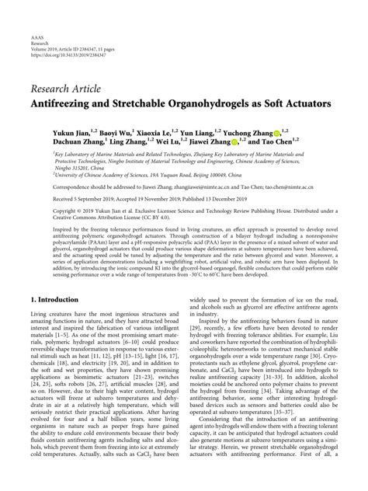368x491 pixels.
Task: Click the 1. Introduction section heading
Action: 61,298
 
